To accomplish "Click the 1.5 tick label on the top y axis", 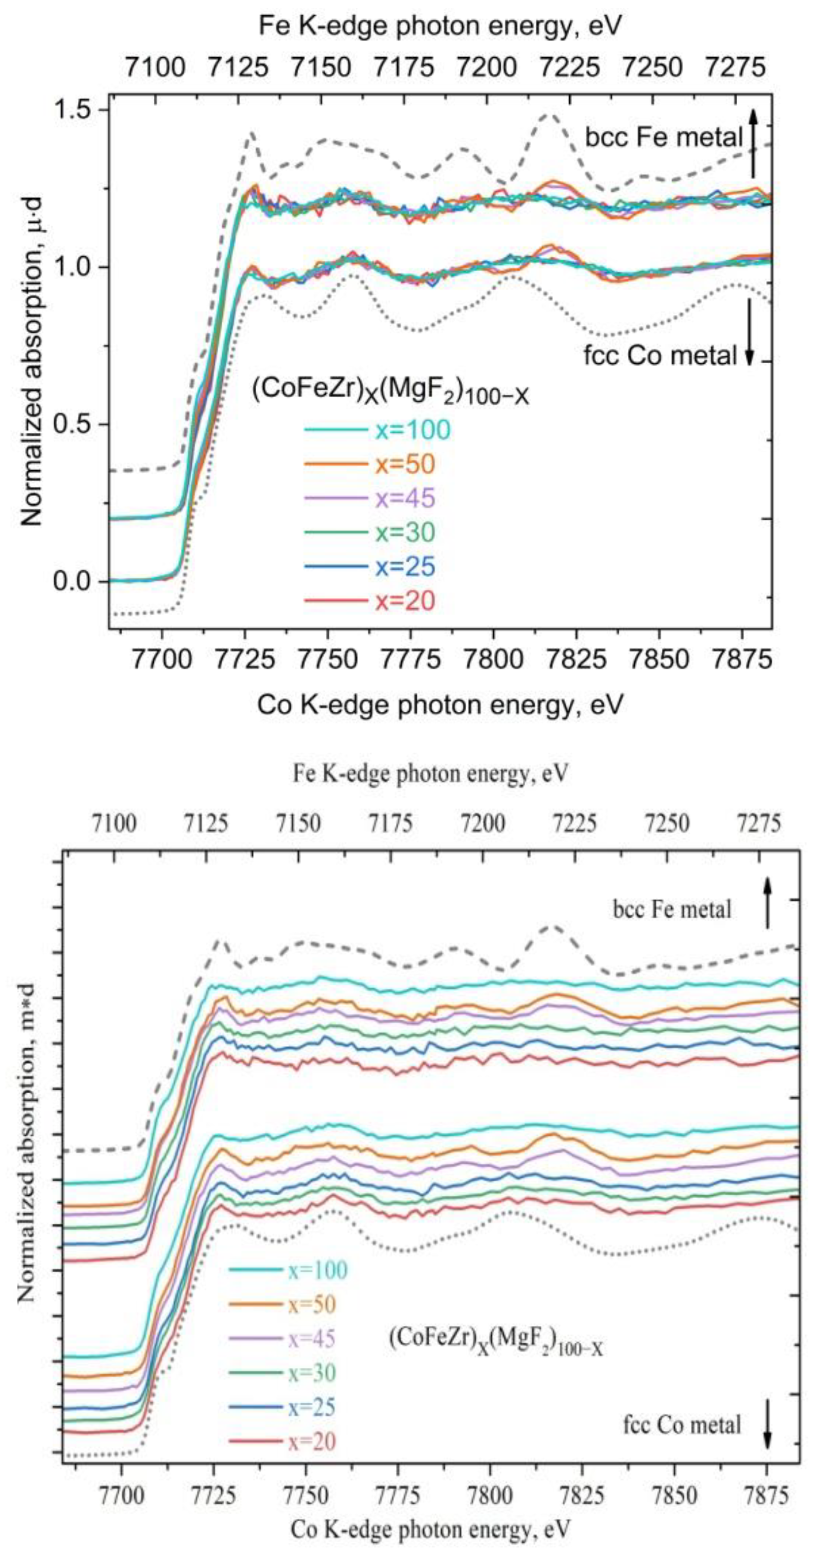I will tap(71, 110).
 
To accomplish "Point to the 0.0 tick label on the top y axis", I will tap(71, 581).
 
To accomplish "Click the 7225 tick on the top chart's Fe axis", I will tap(570, 66).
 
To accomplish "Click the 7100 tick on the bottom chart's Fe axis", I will tap(114, 824).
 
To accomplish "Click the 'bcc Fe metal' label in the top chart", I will tap(664, 138).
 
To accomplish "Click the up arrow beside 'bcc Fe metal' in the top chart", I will tap(753, 142).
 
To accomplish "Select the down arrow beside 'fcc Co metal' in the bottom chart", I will tap(767, 1422).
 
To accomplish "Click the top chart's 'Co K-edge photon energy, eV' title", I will tap(440, 705).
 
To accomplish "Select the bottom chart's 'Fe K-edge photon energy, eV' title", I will tap(431, 773).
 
